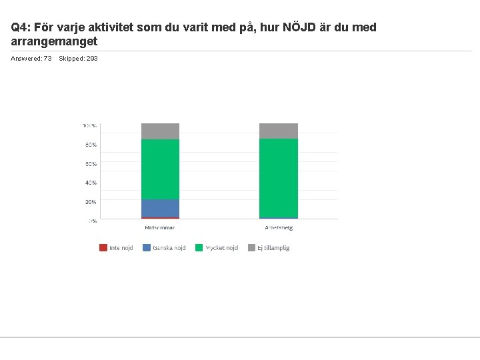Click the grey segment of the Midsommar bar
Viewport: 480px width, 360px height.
click(160, 131)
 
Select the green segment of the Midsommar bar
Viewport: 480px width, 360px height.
click(160, 169)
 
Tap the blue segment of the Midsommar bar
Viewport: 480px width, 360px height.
click(160, 208)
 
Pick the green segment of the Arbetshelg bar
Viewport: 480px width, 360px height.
click(278, 178)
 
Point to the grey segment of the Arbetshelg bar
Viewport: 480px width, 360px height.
click(278, 131)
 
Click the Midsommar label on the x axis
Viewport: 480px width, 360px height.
click(160, 227)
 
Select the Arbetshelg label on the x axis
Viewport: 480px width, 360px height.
click(278, 227)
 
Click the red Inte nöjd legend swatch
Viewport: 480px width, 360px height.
click(103, 248)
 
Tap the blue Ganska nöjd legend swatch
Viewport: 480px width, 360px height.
click(147, 248)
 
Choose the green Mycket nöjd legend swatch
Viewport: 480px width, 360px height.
click(199, 248)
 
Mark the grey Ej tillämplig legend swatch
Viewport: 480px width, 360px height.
click(252, 248)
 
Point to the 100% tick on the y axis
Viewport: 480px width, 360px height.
click(89, 125)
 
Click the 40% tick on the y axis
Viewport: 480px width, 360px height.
click(90, 183)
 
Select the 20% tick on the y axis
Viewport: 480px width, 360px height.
click(90, 202)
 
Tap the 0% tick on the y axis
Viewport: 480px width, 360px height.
click(92, 221)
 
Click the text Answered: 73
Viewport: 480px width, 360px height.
click(31, 59)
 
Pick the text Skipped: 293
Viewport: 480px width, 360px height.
click(78, 59)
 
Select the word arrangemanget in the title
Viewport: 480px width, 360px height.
click(55, 41)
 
